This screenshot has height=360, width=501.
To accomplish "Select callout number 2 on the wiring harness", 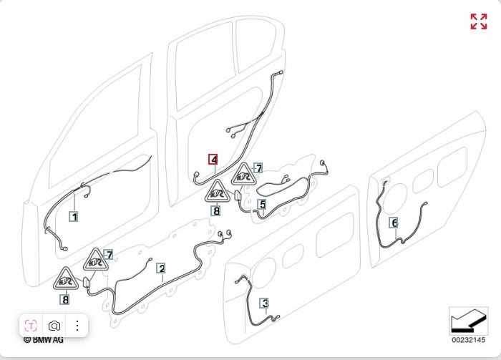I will [162, 268].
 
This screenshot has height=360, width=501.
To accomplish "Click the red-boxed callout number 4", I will [213, 159].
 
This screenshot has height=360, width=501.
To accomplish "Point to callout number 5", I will [263, 205].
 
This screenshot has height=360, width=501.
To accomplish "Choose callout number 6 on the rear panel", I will [394, 223].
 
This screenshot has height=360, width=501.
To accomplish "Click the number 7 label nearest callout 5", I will [258, 168].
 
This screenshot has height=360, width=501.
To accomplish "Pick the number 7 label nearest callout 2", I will [108, 255].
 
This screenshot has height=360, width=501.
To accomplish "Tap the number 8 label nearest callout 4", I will [216, 210].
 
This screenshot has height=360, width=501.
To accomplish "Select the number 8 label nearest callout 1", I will [65, 300].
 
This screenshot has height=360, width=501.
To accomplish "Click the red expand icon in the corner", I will [478, 21].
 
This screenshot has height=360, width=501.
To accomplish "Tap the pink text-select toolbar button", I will [31, 325].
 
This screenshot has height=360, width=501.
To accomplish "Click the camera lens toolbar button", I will [54, 325].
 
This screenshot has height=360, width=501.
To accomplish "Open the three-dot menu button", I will [77, 325].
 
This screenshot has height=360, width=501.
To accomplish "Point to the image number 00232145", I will [467, 340].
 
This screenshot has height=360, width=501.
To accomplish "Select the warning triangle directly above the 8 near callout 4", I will [217, 192].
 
